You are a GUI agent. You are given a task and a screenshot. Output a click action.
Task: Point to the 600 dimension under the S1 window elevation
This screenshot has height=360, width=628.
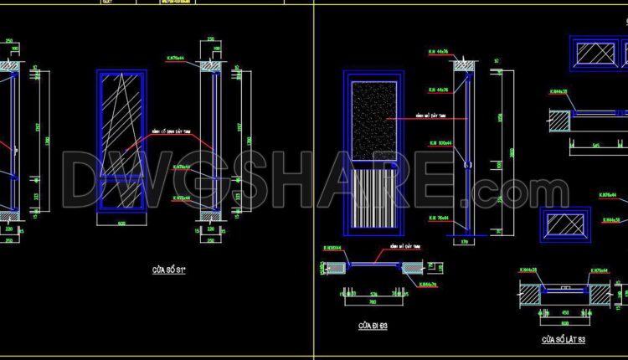click(x=121, y=224)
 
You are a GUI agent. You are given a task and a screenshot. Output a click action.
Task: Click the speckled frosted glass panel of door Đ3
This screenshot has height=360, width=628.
click(x=374, y=122)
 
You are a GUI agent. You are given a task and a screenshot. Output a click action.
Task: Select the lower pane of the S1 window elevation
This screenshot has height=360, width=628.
click(x=122, y=193)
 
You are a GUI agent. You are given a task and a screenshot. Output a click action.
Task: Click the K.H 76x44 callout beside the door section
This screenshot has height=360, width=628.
click(x=439, y=216)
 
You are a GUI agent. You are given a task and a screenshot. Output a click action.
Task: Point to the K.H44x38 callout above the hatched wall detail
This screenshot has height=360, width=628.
click(x=554, y=92)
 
